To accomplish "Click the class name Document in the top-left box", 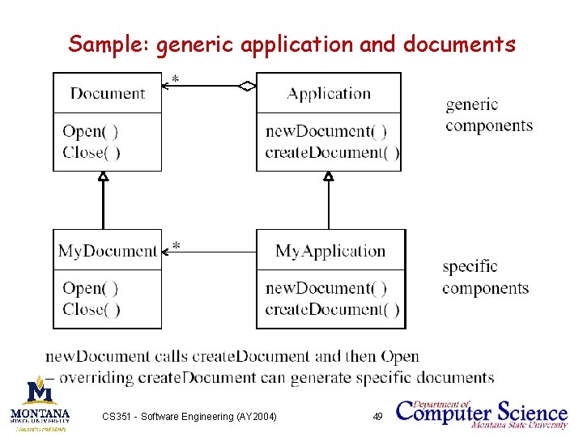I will point(107,93).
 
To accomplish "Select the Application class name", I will point(329,93).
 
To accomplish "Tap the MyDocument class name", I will point(107,251).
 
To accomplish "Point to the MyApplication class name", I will point(330,251).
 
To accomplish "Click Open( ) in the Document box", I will point(90,131).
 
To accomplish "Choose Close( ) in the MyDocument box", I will point(91,309).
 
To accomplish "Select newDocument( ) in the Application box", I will point(326,131).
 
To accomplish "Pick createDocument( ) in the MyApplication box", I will point(332,309).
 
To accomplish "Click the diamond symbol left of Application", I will point(247,85).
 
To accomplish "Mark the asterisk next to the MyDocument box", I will point(175,245).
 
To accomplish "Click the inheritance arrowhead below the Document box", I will point(103,176).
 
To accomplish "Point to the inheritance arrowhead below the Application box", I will point(328,176).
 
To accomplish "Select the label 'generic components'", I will point(489,115).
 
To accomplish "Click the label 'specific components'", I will point(485,277).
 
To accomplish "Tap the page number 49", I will point(377,417).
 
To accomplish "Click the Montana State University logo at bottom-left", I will point(40,403).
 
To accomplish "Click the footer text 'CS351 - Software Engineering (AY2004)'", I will point(189,417).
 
